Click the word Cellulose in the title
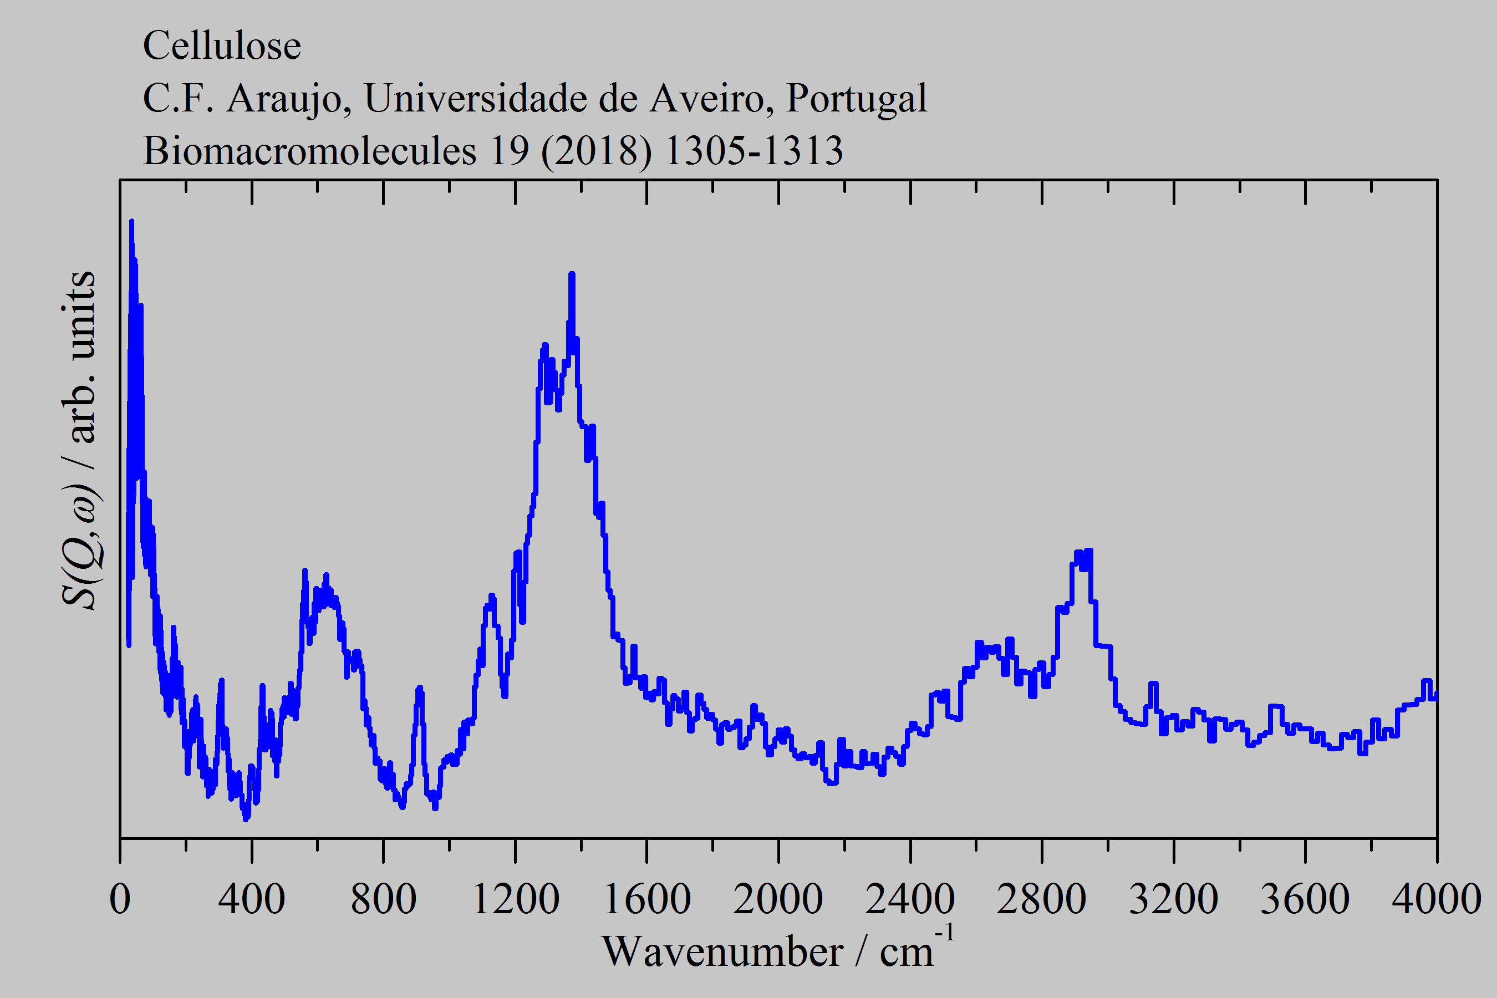pyautogui.click(x=221, y=46)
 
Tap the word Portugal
pyautogui.click(x=856, y=99)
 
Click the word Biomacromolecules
pyautogui.click(x=309, y=151)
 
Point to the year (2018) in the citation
pyautogui.click(x=597, y=151)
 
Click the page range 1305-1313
pyautogui.click(x=753, y=151)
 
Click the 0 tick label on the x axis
pyautogui.click(x=120, y=899)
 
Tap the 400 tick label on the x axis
pyautogui.click(x=251, y=899)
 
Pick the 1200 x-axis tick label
pyautogui.click(x=515, y=899)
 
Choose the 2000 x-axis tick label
pyautogui.click(x=778, y=899)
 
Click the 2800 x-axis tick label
pyautogui.click(x=1041, y=899)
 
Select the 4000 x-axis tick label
pyautogui.click(x=1436, y=899)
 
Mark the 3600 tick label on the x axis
pyautogui.click(x=1305, y=899)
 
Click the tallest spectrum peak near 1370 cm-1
pyautogui.click(x=572, y=275)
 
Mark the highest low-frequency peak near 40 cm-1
pyautogui.click(x=131, y=222)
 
